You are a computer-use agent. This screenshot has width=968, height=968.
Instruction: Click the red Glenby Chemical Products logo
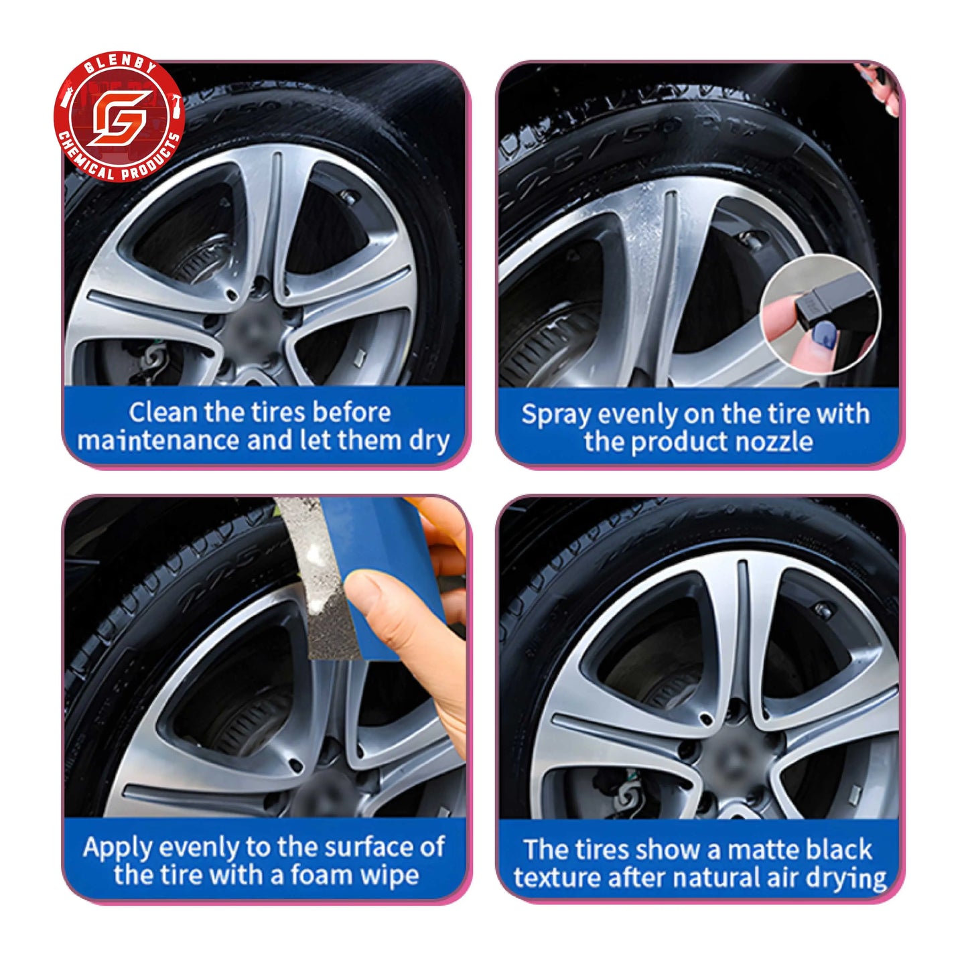click(119, 119)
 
